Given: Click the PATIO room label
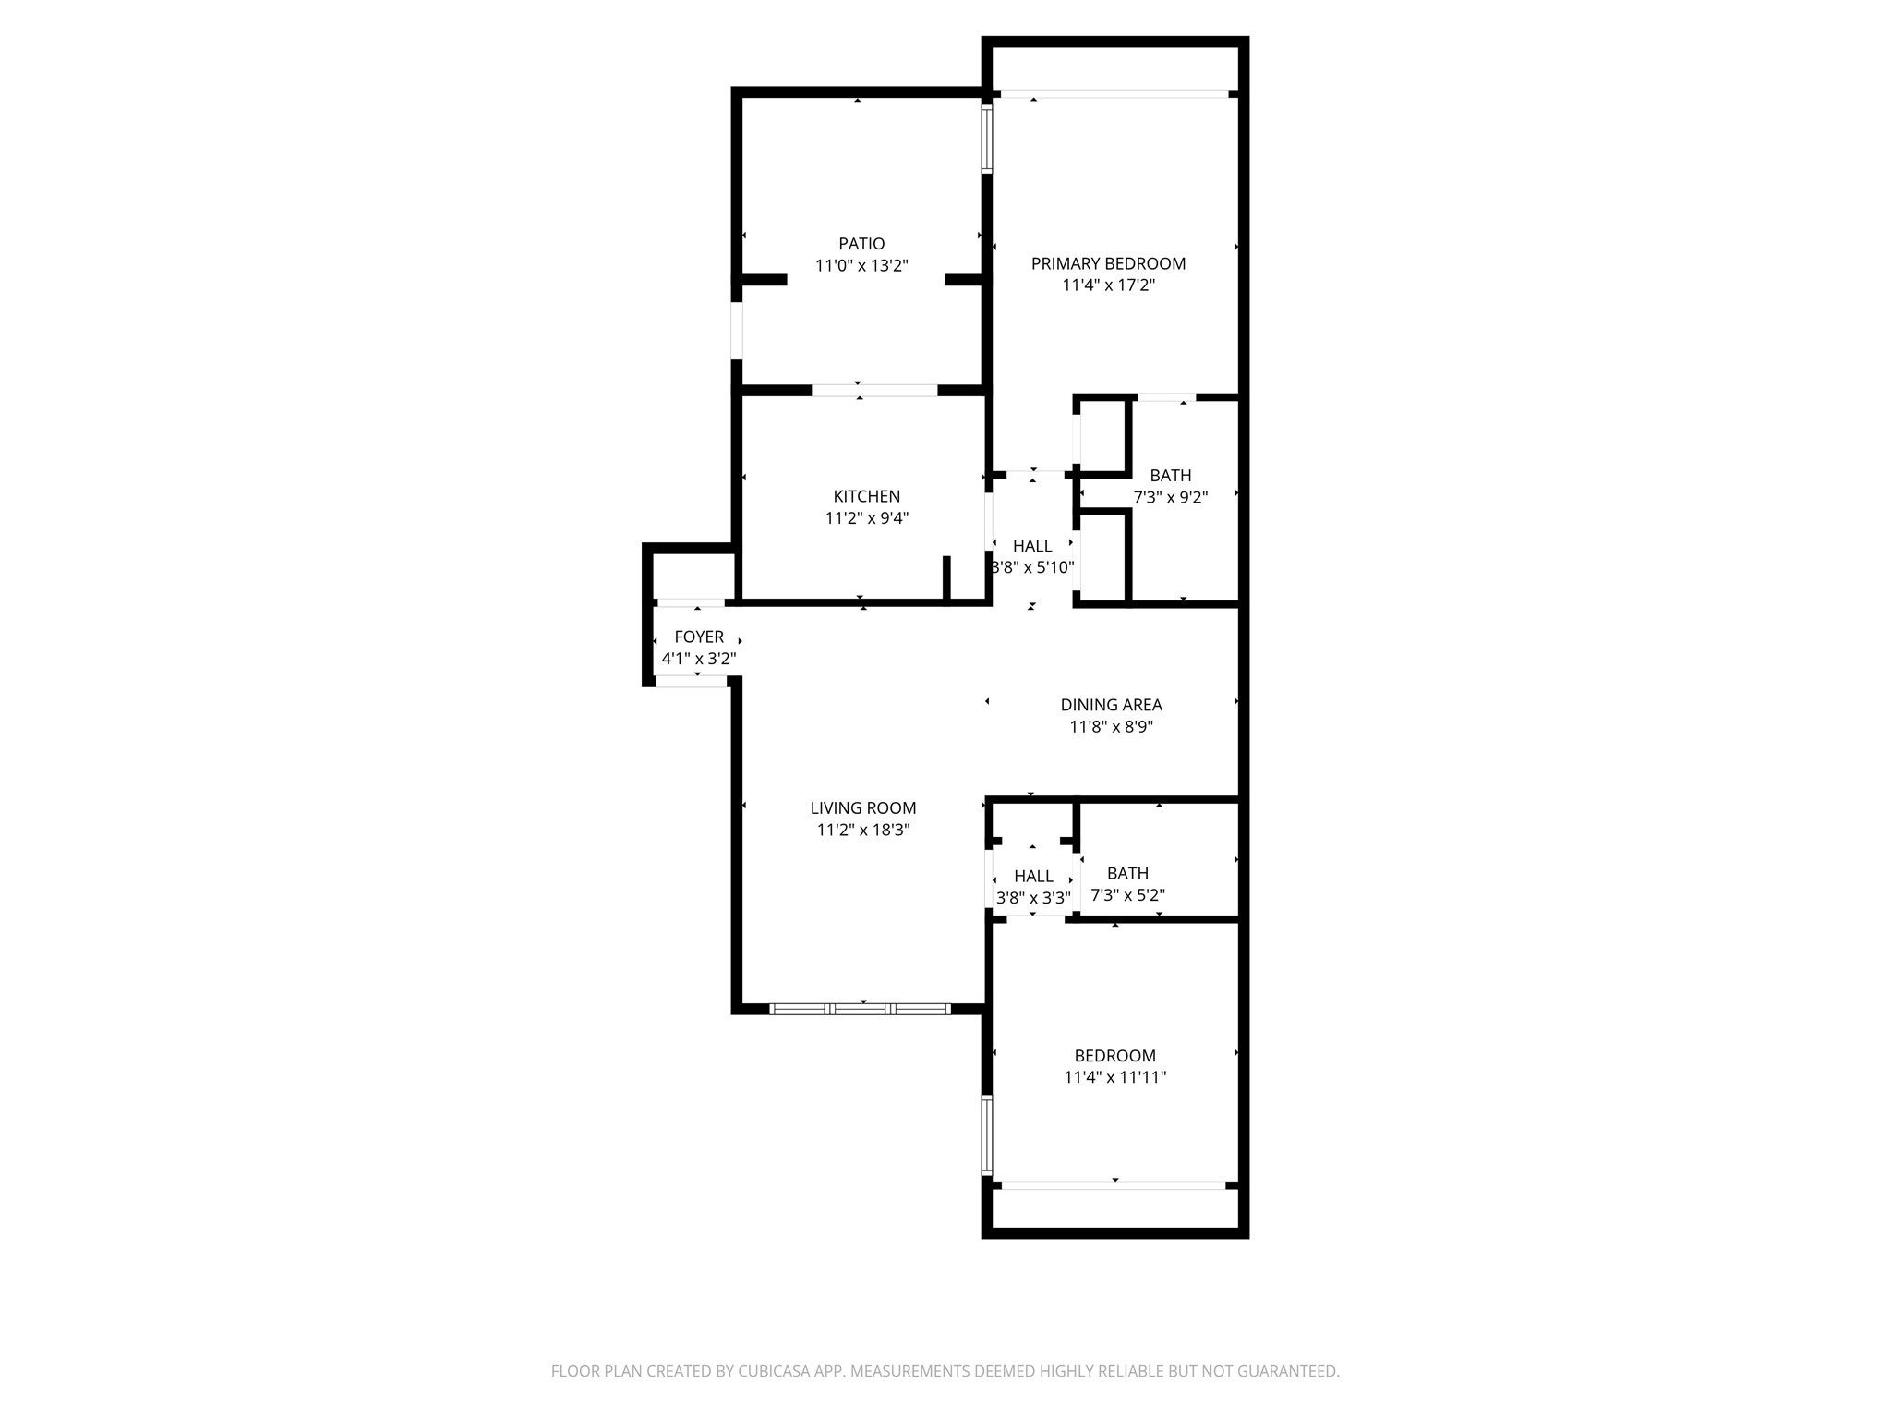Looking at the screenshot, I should coord(861,244).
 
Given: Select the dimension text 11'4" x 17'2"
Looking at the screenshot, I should coord(1108,285).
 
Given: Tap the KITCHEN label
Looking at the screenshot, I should coord(866,497).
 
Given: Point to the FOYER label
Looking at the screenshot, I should coord(699,637).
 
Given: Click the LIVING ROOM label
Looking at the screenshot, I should coord(863,808).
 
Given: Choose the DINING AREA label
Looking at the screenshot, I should coord(1111,706).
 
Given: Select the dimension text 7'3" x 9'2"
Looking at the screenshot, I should coord(1170,498).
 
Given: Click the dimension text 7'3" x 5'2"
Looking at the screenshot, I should coord(1127,895).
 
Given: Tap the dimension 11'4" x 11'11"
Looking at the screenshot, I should coord(1114,1077).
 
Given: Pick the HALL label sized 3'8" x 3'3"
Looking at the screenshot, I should coord(1033,876).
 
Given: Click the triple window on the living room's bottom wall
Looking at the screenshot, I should coord(860,1009).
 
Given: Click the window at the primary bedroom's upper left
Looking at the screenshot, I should coord(986,139).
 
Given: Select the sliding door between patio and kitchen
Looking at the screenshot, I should coord(874,391).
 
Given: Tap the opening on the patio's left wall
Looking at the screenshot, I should coord(737,331).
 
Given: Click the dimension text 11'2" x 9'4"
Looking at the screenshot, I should coord(866,519).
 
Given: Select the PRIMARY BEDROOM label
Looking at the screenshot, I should coord(1108,264).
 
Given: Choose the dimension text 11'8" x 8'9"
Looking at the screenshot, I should coord(1111,727).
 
